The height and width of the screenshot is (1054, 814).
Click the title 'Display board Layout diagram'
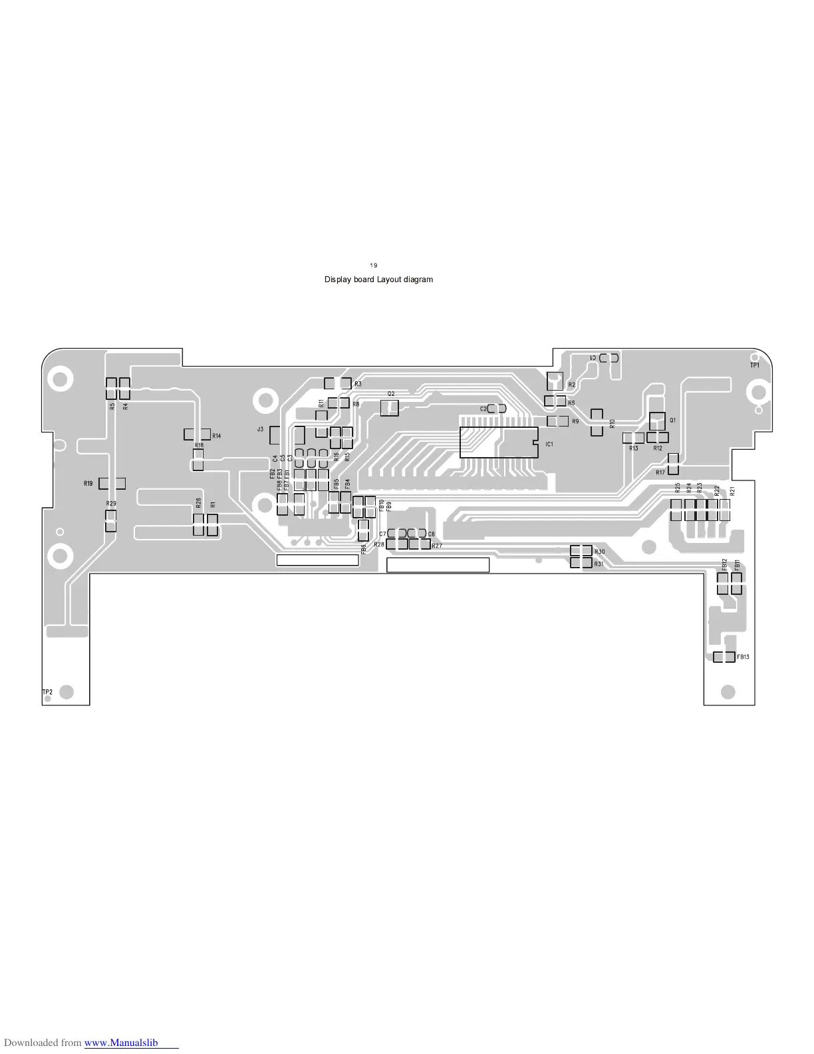pyautogui.click(x=378, y=279)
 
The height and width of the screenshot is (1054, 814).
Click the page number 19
pyautogui.click(x=374, y=265)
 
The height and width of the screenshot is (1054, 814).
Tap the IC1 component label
pyautogui.click(x=549, y=444)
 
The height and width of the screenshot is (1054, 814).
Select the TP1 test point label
pyautogui.click(x=755, y=365)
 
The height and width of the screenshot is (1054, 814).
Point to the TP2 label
pyautogui.click(x=47, y=693)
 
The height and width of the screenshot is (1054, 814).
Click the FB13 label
pyautogui.click(x=744, y=657)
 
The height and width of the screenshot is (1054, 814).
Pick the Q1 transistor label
pyautogui.click(x=673, y=421)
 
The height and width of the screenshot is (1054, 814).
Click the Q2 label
pyautogui.click(x=391, y=394)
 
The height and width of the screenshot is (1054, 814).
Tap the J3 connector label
pyautogui.click(x=261, y=430)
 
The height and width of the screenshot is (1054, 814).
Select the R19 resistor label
pyautogui.click(x=88, y=484)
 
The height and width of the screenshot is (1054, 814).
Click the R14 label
pyautogui.click(x=217, y=436)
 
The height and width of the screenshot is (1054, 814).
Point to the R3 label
pyautogui.click(x=358, y=384)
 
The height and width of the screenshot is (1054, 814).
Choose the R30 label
pyautogui.click(x=600, y=552)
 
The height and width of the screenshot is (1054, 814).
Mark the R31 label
pyautogui.click(x=599, y=564)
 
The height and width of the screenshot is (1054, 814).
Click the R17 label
pyautogui.click(x=660, y=472)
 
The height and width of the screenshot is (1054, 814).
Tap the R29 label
pyautogui.click(x=111, y=504)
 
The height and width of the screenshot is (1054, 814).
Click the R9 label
pyautogui.click(x=575, y=422)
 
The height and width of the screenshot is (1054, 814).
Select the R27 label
pyautogui.click(x=437, y=546)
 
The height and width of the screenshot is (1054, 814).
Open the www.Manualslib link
pyautogui.click(x=121, y=1043)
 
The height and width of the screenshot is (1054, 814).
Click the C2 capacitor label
pyautogui.click(x=483, y=409)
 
